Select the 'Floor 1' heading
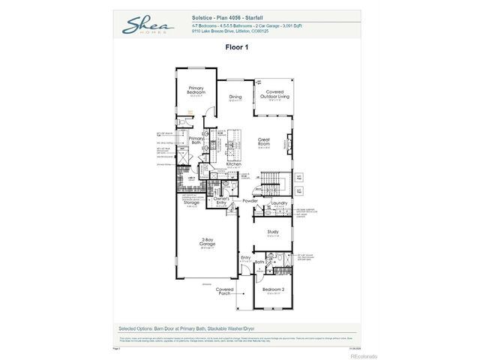(x=236, y=46)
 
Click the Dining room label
(x=235, y=96)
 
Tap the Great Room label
(x=263, y=139)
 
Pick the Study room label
(x=273, y=232)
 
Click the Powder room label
(x=250, y=200)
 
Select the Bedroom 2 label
(x=273, y=288)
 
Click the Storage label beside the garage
(x=190, y=202)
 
